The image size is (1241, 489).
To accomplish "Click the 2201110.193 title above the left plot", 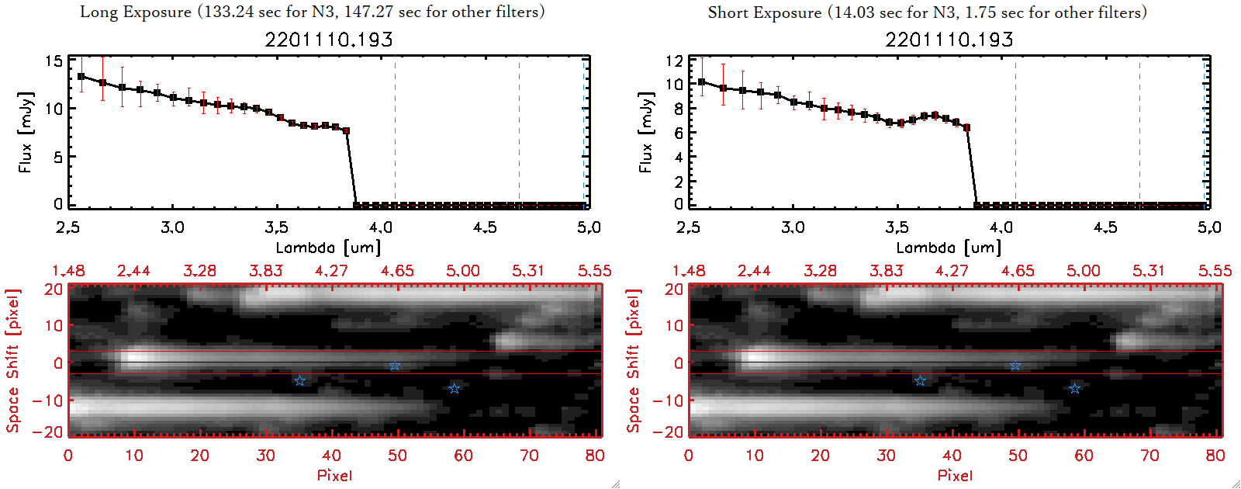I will [329, 40].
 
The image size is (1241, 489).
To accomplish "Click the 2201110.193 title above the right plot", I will [949, 40].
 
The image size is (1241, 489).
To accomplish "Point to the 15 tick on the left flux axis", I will [54, 61].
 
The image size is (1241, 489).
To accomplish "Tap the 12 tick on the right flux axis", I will [674, 61].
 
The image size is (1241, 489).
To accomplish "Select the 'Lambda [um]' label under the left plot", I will [328, 248].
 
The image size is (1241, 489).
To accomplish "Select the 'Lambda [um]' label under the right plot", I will [949, 248].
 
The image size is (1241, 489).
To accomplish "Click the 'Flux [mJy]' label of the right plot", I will [645, 132].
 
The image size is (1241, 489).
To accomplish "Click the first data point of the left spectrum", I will [81, 76].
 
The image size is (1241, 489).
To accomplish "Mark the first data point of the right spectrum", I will [702, 81].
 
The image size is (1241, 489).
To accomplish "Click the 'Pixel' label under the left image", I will [334, 475].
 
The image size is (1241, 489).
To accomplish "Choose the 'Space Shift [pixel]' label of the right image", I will [633, 361].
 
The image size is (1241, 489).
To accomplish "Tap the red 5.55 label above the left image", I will [594, 271].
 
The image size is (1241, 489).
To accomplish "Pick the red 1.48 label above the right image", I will [689, 271].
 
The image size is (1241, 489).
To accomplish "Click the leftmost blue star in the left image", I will [299, 380].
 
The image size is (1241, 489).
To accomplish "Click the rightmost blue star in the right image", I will [1074, 388].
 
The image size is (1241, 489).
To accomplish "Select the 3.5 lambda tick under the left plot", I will [276, 227].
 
